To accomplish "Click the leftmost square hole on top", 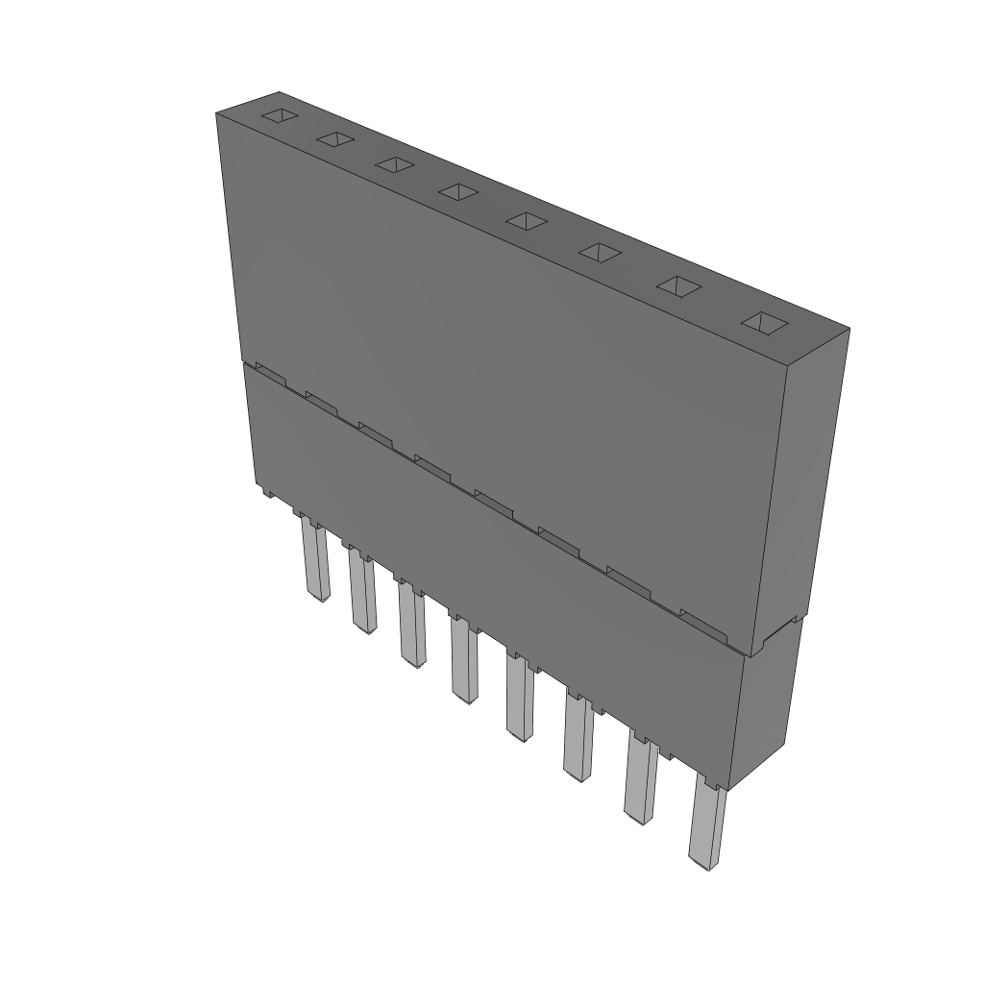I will [278, 116].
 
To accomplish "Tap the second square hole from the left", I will [334, 140].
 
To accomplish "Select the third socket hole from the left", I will [394, 165].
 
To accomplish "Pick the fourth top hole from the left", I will [458, 192].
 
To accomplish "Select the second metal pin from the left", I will [362, 596].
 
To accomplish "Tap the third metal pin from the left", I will [412, 629].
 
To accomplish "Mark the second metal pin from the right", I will [641, 783].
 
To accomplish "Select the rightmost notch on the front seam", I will [703, 622].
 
